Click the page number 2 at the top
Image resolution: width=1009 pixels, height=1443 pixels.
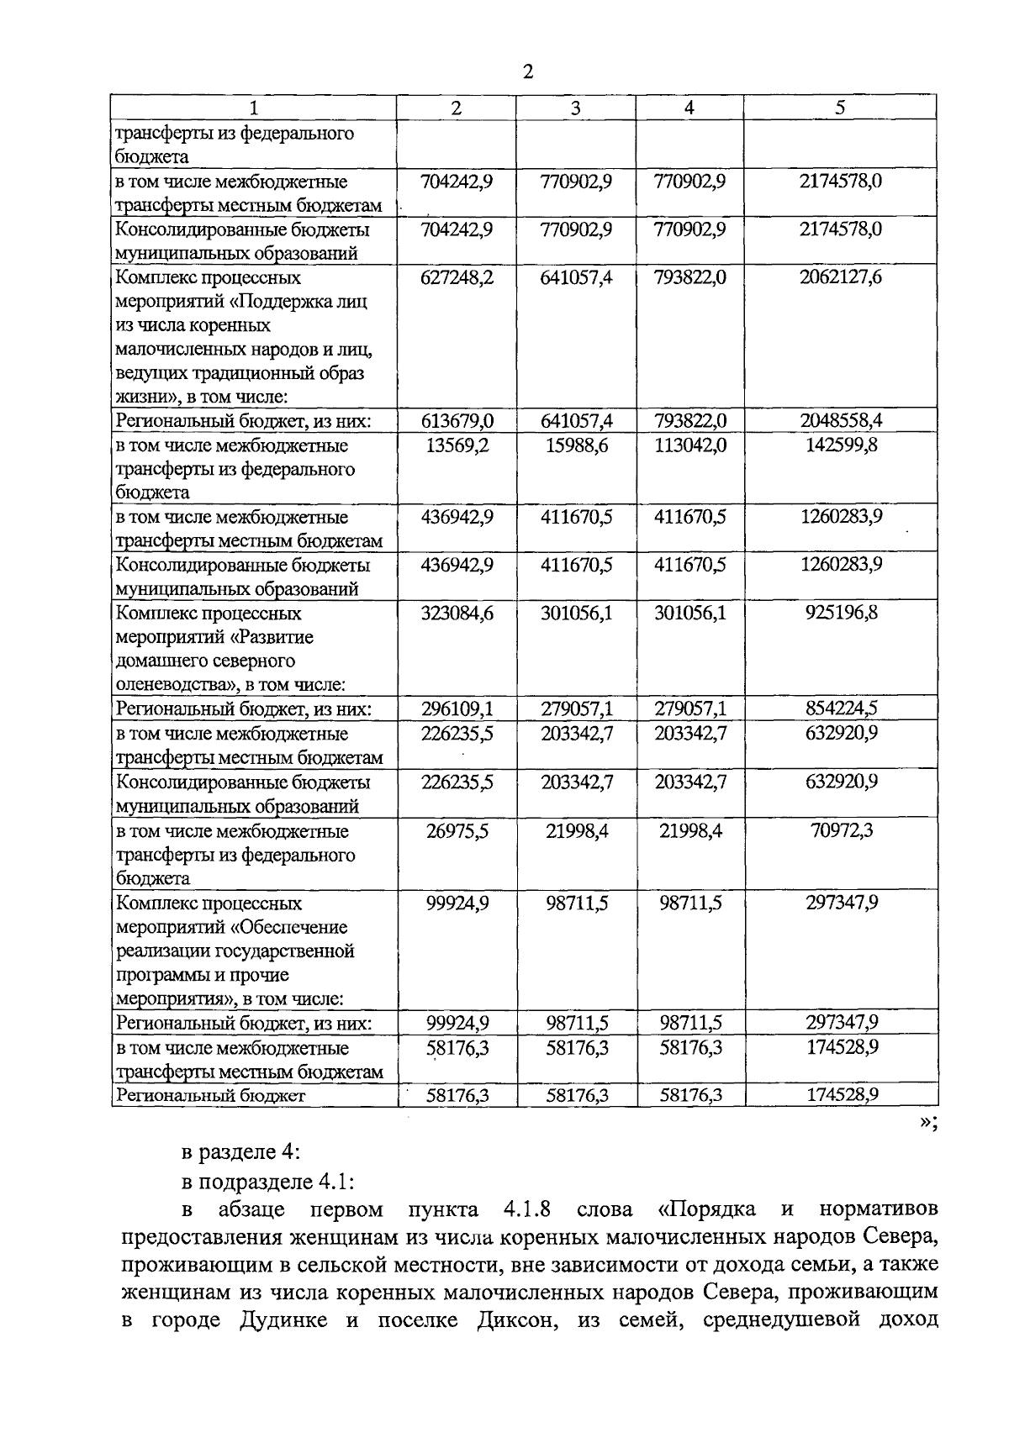(527, 72)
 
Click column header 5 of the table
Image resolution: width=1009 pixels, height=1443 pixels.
(840, 108)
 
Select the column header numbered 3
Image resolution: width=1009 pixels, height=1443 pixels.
(575, 108)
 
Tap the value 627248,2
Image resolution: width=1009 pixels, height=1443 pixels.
(457, 277)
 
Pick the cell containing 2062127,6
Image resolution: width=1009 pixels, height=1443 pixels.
(840, 277)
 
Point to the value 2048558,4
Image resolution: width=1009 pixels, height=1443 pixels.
(840, 421)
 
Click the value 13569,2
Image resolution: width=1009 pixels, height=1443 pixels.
(457, 445)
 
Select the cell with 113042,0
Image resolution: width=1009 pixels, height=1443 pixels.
(689, 445)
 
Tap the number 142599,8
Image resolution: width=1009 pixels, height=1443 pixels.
(840, 445)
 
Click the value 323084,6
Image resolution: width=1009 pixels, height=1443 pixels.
(457, 614)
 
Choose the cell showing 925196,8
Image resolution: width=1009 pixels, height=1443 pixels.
(840, 614)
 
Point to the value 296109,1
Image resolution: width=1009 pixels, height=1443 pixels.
(457, 709)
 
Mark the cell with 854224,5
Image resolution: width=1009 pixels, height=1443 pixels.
(840, 709)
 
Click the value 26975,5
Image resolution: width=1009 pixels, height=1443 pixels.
(457, 831)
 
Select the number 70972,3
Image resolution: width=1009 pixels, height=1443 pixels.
(840, 831)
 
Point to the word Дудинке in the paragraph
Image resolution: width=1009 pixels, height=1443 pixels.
(285, 1319)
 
